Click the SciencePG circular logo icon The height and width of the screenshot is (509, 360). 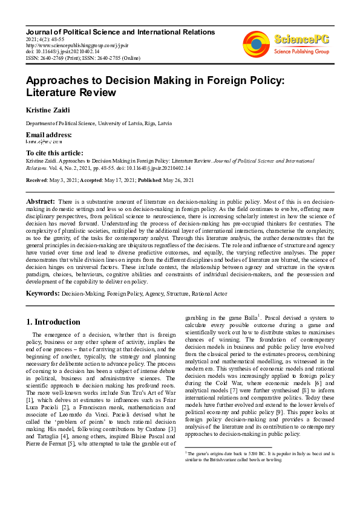click(x=256, y=44)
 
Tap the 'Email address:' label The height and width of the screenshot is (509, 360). click(x=48, y=134)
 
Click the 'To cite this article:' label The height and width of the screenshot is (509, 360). click(x=54, y=153)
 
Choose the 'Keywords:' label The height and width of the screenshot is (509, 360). click(x=42, y=293)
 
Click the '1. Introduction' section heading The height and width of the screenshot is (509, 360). click(x=54, y=322)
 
